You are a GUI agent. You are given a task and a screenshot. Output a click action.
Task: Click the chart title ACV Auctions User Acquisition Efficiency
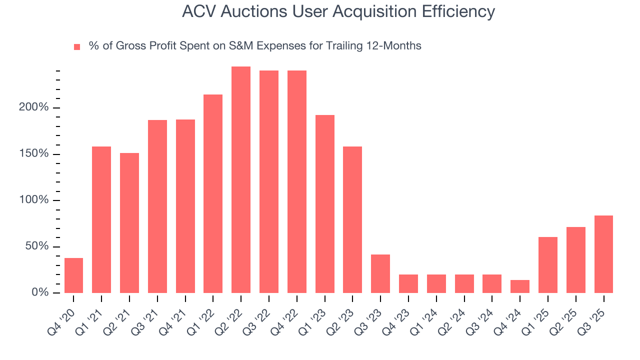338,11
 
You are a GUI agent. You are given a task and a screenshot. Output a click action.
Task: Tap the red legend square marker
77,46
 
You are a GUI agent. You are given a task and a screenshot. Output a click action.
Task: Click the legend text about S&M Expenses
255,46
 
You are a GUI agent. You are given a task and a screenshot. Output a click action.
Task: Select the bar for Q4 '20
74,275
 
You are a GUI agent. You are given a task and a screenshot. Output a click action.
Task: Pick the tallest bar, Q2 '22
241,180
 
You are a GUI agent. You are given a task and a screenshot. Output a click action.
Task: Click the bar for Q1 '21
101,220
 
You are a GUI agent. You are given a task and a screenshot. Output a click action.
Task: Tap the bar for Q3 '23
380,273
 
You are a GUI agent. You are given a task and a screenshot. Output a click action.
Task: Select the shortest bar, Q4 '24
520,286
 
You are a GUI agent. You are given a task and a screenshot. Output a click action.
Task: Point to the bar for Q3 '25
603,254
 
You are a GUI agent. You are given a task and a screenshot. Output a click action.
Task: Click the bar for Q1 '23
325,204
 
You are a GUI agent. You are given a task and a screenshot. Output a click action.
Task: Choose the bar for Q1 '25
548,265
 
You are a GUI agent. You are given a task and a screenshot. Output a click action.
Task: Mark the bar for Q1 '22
213,194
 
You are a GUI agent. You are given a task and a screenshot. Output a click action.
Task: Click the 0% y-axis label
40,292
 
